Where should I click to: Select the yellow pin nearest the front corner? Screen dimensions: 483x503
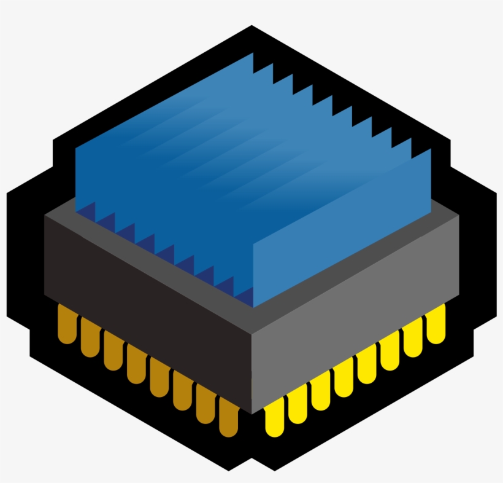pyautogui.click(x=274, y=416)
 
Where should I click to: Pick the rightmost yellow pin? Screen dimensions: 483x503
pyautogui.click(x=436, y=324)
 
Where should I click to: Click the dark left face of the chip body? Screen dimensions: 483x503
pyautogui.click(x=147, y=307)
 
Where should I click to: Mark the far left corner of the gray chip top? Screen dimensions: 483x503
pyautogui.click(x=46, y=217)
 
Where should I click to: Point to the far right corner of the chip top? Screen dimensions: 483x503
pyautogui.click(x=459, y=216)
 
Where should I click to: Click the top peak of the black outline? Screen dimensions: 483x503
pyautogui.click(x=251, y=26)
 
